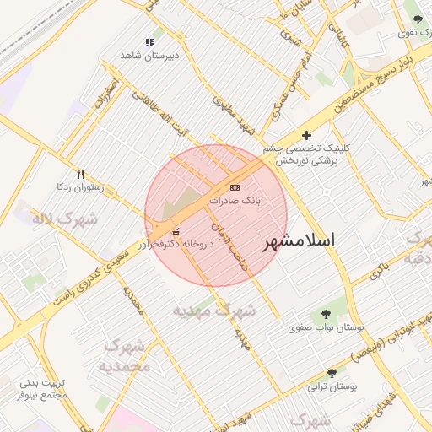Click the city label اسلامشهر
[x=300, y=240]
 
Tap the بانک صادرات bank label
[x=236, y=202]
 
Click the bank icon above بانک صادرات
[x=235, y=187]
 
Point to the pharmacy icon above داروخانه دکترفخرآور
[x=175, y=231]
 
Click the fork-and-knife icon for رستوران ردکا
[x=81, y=174]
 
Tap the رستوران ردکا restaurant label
[x=79, y=186]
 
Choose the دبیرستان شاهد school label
[x=148, y=55]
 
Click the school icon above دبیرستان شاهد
[x=149, y=42]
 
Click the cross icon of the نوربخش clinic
[x=306, y=135]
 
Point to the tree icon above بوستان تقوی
[x=415, y=19]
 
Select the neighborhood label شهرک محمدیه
[x=124, y=357]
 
